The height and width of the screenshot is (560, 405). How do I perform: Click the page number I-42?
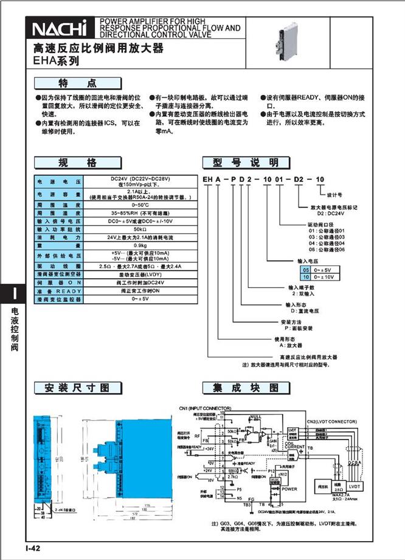click(x=33, y=548)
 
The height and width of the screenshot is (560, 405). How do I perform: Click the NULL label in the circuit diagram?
click(x=256, y=416)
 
